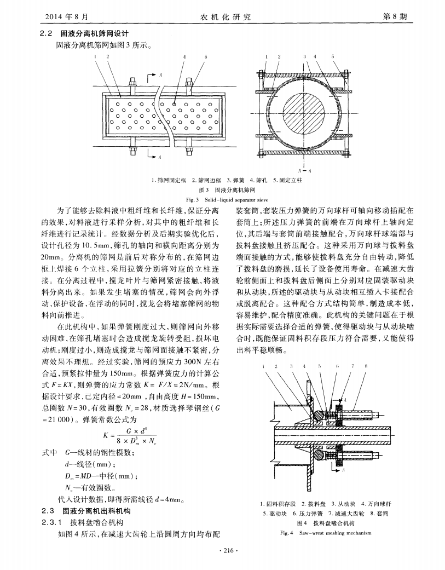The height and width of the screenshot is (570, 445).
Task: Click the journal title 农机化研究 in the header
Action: tap(222, 18)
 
